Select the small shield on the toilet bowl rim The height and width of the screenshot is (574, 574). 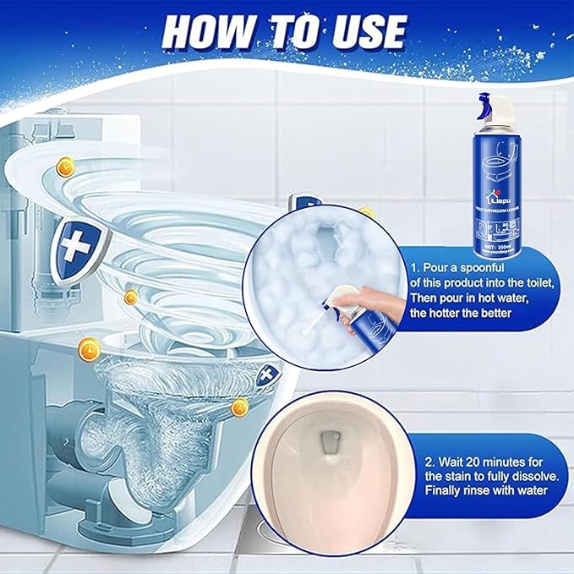coord(269,373)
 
